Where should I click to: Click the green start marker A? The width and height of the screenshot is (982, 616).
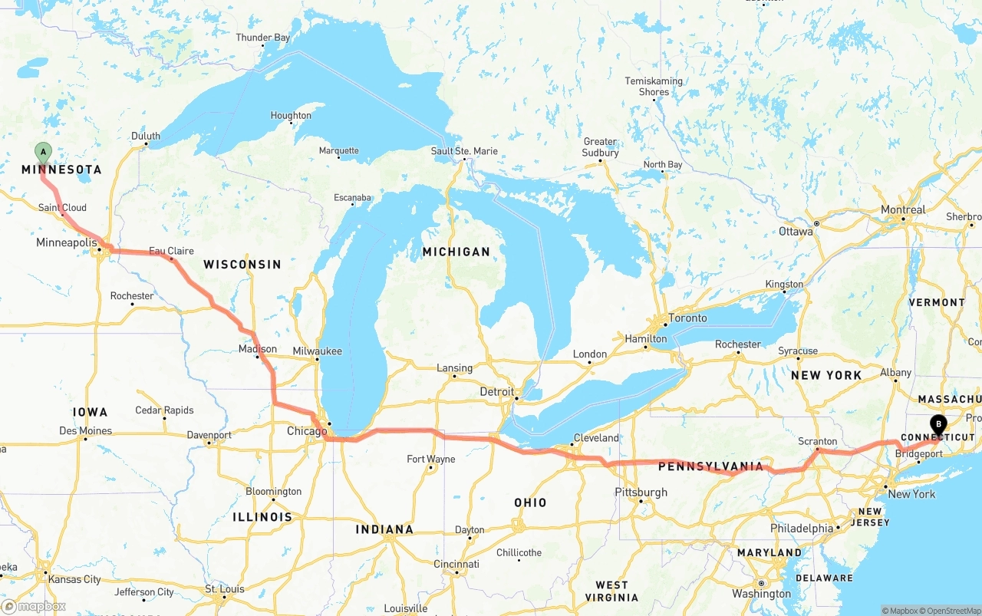[44, 152]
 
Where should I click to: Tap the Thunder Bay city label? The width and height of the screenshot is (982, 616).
[263, 38]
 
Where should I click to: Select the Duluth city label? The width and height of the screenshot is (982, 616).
[146, 136]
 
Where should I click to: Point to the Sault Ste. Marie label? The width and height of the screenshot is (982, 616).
[464, 151]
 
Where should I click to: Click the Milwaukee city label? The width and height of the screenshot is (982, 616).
[317, 351]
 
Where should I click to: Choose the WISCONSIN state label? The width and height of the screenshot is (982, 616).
[242, 264]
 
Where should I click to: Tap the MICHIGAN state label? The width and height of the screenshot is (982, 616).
[456, 252]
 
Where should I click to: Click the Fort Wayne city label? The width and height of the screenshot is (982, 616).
[430, 459]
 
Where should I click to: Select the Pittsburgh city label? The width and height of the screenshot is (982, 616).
[641, 492]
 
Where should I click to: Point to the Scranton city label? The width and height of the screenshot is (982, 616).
[817, 441]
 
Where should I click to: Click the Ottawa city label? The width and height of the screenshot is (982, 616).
[796, 231]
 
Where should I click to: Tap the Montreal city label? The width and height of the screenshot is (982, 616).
[903, 209]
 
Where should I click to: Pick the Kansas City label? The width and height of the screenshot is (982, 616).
[74, 579]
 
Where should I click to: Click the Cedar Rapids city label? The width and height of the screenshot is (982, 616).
[164, 410]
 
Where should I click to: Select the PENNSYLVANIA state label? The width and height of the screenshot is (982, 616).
[710, 466]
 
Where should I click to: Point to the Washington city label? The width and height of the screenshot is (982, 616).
[761, 593]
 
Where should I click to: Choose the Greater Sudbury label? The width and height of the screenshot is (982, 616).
[600, 147]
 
